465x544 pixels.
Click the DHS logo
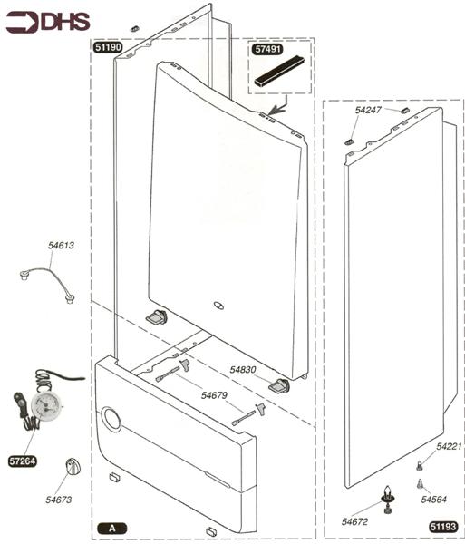click(48, 22)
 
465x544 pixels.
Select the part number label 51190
click(108, 47)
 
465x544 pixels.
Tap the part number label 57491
click(267, 49)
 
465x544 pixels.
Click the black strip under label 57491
click(279, 71)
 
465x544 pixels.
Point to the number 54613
click(61, 246)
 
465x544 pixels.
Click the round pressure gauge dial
click(45, 406)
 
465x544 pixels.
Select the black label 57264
click(23, 461)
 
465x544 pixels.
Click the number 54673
click(59, 500)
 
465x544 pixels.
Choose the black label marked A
click(112, 529)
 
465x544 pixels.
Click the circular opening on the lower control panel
click(111, 418)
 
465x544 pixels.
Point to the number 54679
click(214, 395)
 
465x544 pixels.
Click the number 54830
click(243, 370)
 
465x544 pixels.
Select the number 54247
click(368, 110)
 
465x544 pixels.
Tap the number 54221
click(449, 446)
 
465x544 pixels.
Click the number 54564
click(434, 500)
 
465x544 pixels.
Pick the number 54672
click(354, 521)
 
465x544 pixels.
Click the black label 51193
click(443, 527)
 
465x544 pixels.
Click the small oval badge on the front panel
click(218, 306)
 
